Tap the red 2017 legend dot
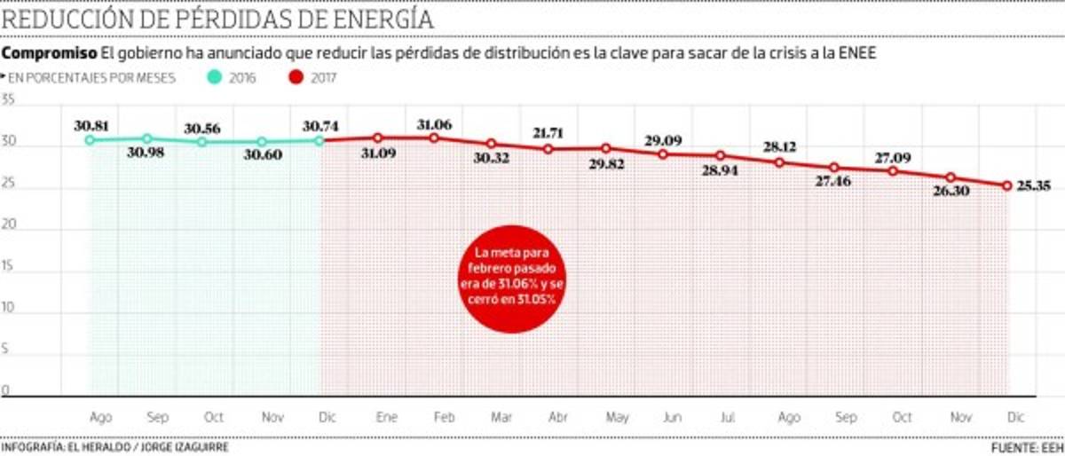tap(295, 77)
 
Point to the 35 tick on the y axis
tap(8, 100)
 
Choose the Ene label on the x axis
tap(386, 417)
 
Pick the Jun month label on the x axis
tap(672, 417)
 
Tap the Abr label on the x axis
tap(558, 417)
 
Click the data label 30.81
tap(91, 125)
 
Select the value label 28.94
tap(719, 170)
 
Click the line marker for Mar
tap(491, 144)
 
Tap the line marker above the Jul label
tap(720, 155)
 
